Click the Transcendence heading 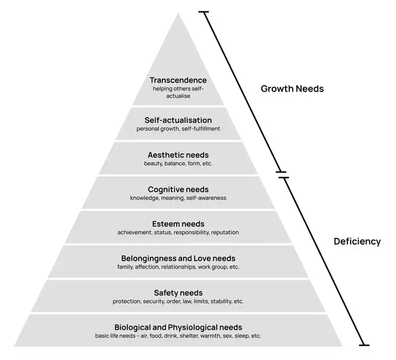click(178, 80)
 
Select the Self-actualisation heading click(178, 120)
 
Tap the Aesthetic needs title click(178, 155)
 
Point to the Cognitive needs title click(178, 189)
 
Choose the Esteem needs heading click(178, 224)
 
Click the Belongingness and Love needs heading click(178, 258)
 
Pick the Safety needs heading click(178, 293)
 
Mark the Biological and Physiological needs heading click(178, 327)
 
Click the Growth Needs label click(292, 89)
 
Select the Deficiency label click(356, 241)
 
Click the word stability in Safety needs click(221, 301)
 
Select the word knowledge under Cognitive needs click(144, 198)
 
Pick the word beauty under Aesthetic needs click(153, 163)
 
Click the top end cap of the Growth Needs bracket click(204, 12)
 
